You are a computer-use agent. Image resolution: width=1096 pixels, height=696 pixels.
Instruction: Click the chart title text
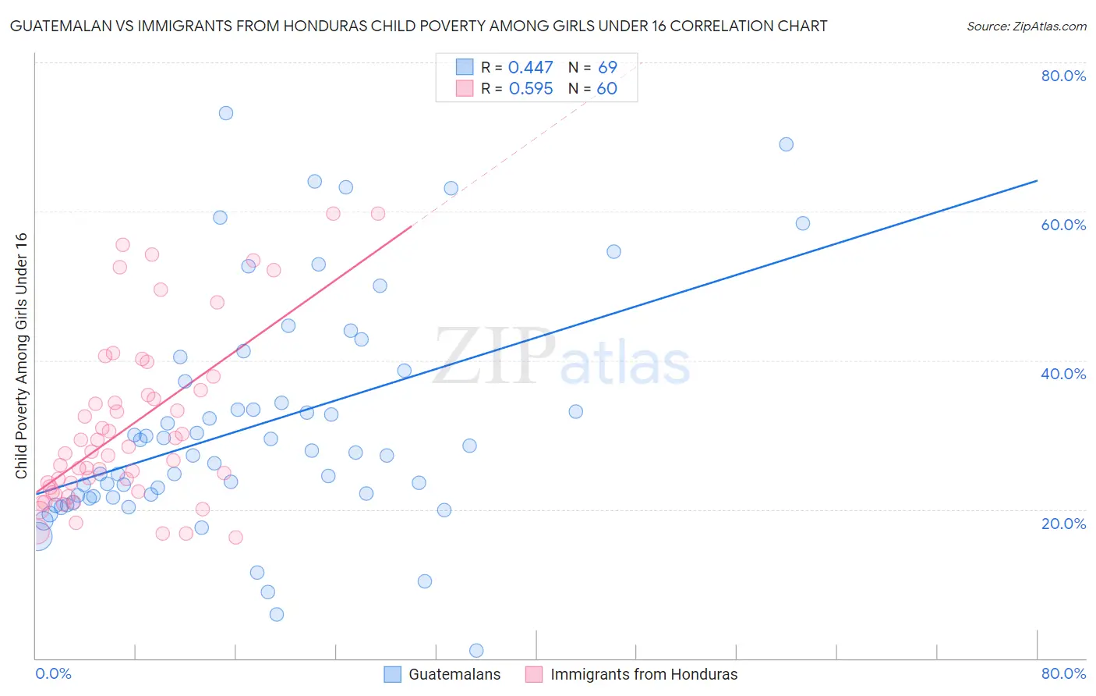tap(419, 26)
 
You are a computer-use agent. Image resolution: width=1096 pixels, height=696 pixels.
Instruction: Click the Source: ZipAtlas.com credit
tap(1026, 27)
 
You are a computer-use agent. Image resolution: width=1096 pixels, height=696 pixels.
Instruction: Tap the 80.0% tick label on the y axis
tap(1063, 76)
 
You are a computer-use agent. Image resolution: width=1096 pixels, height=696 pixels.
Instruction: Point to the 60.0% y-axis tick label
tap(1063, 225)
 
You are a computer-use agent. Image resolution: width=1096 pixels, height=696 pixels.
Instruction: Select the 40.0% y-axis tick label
tap(1063, 374)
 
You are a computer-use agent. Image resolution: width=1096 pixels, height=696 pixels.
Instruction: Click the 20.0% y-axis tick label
tap(1063, 524)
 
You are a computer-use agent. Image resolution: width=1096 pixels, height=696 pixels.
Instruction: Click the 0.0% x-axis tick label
tap(53, 673)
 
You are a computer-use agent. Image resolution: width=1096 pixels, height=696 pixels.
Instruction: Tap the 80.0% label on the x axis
tap(1063, 673)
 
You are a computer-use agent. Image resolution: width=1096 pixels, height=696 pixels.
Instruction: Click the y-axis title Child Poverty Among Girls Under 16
tap(22, 356)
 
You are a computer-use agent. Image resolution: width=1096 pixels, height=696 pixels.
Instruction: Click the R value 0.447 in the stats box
tap(530, 68)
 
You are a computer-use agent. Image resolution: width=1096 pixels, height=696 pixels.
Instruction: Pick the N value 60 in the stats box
tap(606, 89)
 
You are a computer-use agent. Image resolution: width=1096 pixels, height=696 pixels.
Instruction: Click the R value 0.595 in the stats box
tap(530, 89)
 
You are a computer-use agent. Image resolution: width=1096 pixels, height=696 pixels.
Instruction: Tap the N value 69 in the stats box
tap(607, 68)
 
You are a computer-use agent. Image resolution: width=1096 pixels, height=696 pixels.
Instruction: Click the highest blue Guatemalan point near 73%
tap(226, 113)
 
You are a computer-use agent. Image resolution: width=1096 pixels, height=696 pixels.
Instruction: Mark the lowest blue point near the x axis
tap(476, 651)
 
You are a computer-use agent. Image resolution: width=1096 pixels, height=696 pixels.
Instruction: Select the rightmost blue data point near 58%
tap(803, 223)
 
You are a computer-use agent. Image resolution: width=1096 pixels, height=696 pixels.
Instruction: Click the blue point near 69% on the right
tap(787, 144)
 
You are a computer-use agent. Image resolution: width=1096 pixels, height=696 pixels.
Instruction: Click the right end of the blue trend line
tap(1037, 181)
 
